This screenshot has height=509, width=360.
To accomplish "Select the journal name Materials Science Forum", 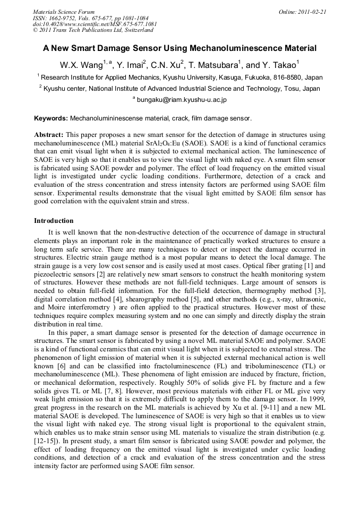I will pos(64,12).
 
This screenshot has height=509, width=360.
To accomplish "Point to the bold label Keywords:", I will pos(51,118).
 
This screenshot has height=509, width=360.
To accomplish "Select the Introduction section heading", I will pos(54,220).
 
